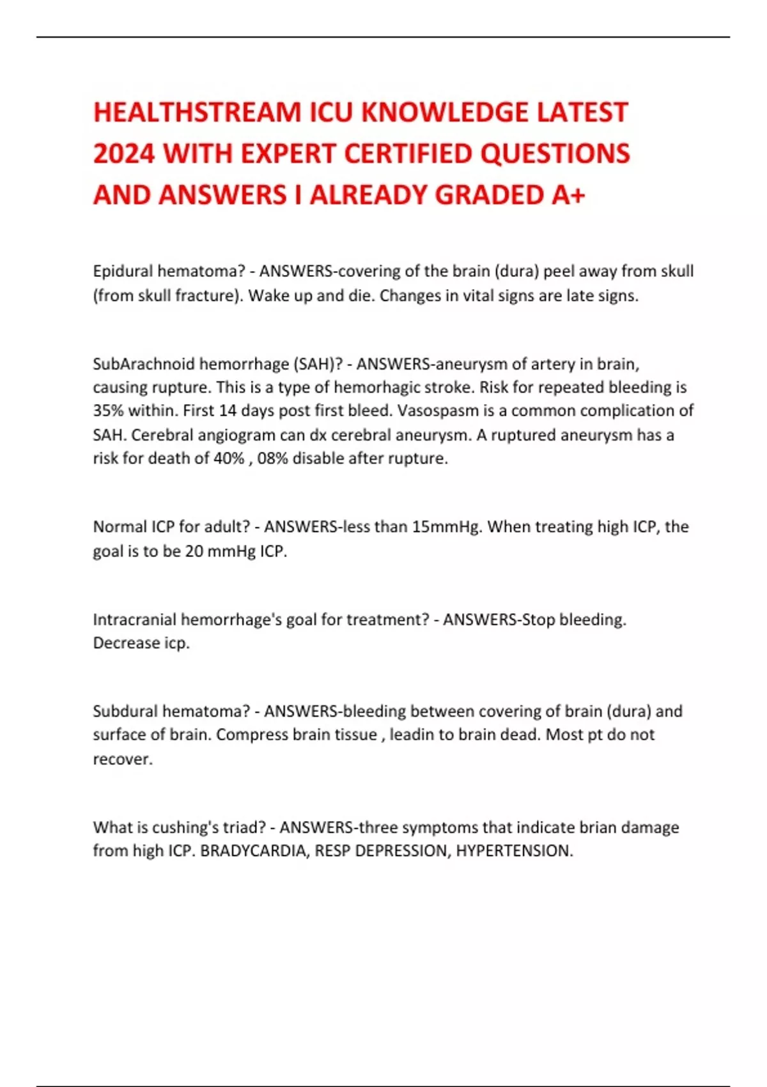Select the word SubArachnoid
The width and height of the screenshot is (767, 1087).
tap(144, 364)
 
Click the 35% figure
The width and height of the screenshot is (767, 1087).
tap(107, 411)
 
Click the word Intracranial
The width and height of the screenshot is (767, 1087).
tap(134, 620)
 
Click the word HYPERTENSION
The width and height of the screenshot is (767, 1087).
tap(513, 851)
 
